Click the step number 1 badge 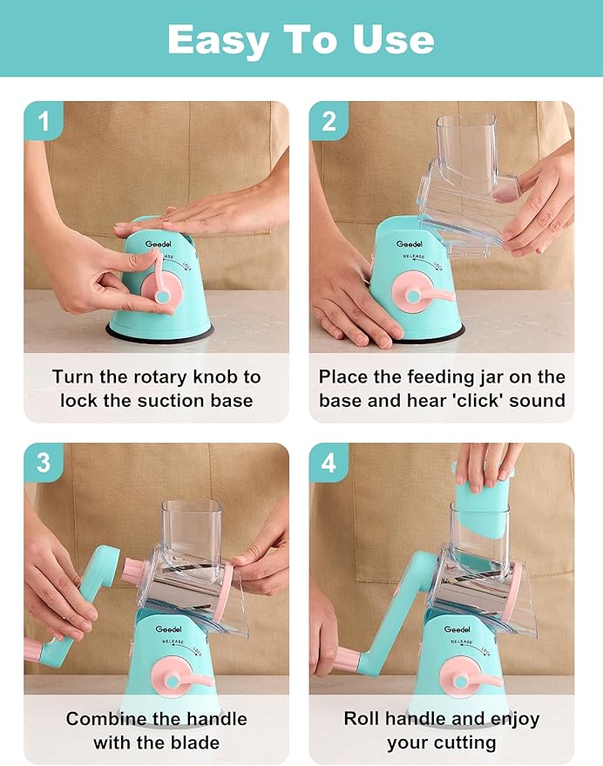44,120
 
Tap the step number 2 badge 329,120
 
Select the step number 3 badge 44,462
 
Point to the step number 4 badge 329,462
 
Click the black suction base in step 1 159,334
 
